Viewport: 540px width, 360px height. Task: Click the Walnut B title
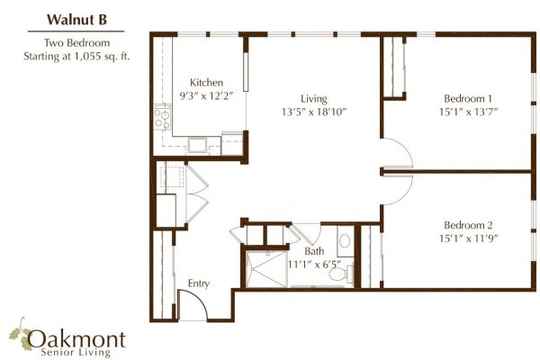(x=76, y=20)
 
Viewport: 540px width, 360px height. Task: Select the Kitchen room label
(x=206, y=82)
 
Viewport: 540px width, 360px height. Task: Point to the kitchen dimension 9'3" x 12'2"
(x=206, y=95)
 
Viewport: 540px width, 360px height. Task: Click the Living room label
(x=314, y=99)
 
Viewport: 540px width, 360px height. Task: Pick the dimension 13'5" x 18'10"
(x=314, y=112)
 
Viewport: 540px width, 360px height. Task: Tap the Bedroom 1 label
(x=468, y=99)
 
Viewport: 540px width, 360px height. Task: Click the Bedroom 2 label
(x=468, y=225)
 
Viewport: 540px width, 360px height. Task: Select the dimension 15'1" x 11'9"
(x=468, y=238)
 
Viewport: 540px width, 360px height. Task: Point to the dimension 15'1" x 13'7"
(x=468, y=112)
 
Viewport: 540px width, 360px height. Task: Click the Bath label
(x=314, y=251)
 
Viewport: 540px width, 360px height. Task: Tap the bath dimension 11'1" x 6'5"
(x=314, y=265)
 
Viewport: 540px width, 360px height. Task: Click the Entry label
(x=199, y=283)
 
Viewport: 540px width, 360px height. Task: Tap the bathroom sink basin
(x=345, y=241)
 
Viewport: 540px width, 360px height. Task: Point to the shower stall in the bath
(x=266, y=269)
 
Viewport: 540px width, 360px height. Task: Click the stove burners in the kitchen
(x=162, y=117)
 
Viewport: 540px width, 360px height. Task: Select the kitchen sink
(x=197, y=145)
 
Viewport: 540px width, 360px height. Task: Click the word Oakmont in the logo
(x=76, y=339)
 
